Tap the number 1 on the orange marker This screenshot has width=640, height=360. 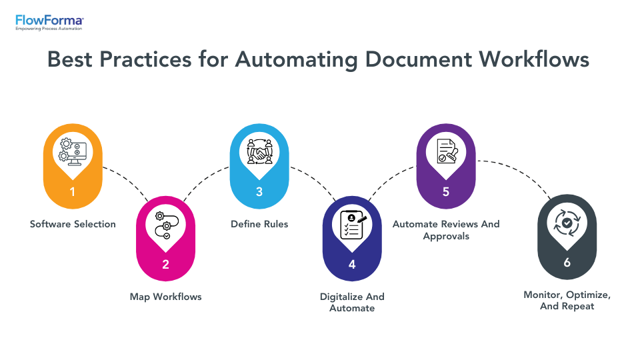[73, 192]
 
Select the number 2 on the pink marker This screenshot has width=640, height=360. [165, 264]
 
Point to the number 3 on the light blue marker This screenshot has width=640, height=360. [259, 192]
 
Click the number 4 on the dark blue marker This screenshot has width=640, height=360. [352, 264]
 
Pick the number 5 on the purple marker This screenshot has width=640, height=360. [446, 192]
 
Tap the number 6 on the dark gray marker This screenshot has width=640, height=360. [567, 263]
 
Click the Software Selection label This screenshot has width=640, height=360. [73, 224]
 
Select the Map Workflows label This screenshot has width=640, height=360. [165, 296]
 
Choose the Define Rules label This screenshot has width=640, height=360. [259, 224]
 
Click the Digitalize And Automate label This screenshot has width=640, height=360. [352, 302]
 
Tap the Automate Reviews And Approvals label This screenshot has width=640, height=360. [446, 230]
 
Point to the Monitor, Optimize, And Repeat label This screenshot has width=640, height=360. [567, 300]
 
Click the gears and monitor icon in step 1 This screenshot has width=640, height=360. [73, 151]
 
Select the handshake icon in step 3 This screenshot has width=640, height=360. [259, 151]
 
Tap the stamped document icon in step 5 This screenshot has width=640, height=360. [446, 151]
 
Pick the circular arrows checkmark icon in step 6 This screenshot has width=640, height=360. [567, 223]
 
